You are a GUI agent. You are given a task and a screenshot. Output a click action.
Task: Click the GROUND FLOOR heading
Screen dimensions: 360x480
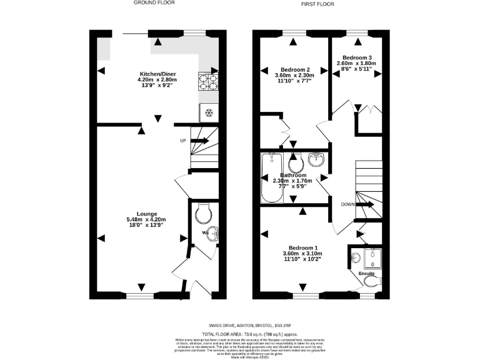pos(154,3)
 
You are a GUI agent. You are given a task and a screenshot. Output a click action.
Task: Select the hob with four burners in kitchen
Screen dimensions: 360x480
pos(209,81)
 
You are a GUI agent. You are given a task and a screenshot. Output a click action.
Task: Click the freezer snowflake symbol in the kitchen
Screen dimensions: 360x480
pos(209,113)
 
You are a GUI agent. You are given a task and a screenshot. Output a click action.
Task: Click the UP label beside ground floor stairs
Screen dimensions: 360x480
pos(183,141)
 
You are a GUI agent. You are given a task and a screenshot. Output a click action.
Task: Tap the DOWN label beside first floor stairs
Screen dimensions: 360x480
pos(348,204)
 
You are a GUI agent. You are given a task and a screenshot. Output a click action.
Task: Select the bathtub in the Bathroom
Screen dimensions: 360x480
pos(272,177)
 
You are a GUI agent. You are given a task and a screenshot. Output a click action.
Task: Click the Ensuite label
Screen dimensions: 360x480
pos(367,273)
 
